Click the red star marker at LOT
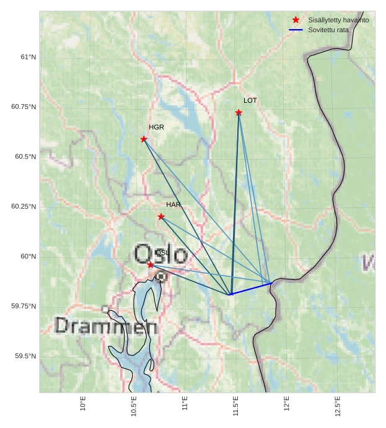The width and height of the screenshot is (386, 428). coord(239,112)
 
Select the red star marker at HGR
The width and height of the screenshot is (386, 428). coord(144,139)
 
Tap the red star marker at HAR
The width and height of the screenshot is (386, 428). coord(161,217)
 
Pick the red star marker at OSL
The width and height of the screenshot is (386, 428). coord(151,264)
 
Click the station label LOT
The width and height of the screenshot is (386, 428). coord(250,100)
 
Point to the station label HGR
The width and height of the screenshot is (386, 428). coord(156,127)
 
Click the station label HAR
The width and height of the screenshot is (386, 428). coord(173,204)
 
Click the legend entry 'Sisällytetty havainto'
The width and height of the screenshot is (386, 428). coord(338,20)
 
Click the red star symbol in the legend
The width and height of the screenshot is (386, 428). coord(296,20)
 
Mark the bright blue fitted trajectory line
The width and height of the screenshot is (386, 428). coord(251,289)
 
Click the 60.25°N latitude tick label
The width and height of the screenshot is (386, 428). coord(24,206)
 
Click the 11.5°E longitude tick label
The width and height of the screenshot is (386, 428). coord(235,406)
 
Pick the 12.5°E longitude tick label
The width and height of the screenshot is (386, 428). coord(337,406)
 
